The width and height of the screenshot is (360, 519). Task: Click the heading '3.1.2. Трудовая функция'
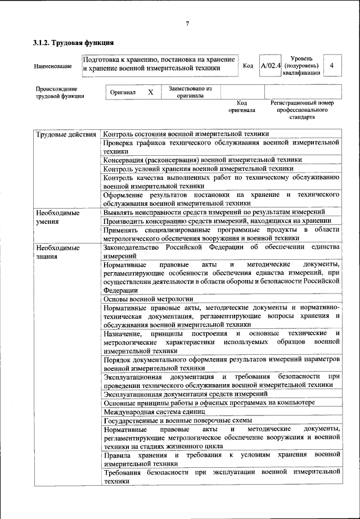pyautogui.click(x=73, y=43)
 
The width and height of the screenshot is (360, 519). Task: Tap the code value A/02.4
pyautogui.click(x=271, y=66)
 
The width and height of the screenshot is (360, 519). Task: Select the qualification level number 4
pyautogui.click(x=332, y=66)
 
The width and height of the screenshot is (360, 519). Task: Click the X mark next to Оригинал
pyautogui.click(x=150, y=92)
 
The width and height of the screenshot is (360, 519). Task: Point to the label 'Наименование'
pyautogui.click(x=53, y=66)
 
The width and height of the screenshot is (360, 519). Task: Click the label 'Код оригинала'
pyautogui.click(x=242, y=106)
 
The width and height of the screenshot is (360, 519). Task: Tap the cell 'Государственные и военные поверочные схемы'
pyautogui.click(x=177, y=421)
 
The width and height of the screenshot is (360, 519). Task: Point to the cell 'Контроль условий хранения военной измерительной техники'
pyautogui.click(x=198, y=169)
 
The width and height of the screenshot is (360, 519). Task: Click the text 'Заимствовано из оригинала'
pyautogui.click(x=186, y=92)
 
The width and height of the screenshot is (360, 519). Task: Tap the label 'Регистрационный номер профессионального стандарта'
pyautogui.click(x=302, y=110)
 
